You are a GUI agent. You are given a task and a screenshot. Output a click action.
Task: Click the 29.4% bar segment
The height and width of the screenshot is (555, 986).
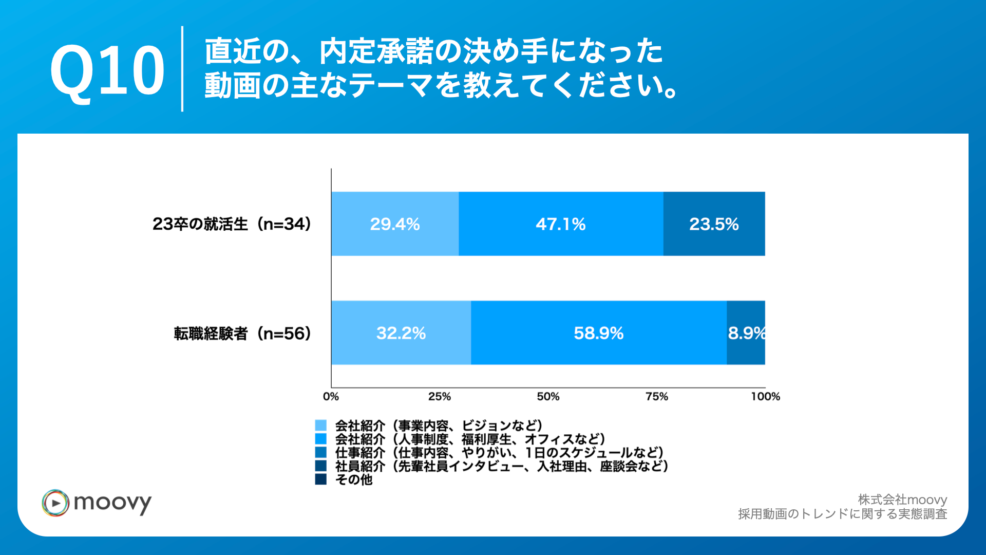[x=395, y=224]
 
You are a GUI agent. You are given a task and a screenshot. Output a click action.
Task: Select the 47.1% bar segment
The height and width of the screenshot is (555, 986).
[x=561, y=224]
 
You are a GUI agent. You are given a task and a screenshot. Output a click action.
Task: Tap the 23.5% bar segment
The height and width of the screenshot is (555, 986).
[x=714, y=224]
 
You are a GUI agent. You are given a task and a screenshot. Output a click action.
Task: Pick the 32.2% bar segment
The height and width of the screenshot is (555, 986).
[x=401, y=333]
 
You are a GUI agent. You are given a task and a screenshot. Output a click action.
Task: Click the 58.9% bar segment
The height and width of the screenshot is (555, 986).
[x=599, y=333]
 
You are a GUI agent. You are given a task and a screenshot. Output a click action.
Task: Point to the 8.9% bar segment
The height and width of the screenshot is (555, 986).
[x=746, y=333]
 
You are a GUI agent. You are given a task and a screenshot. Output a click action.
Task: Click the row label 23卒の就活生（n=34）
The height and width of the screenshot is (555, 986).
[x=232, y=224]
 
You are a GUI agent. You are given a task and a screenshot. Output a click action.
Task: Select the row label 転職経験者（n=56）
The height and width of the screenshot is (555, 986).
[x=242, y=334]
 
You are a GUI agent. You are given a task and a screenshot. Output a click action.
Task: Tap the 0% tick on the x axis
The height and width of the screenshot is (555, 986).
[x=331, y=396]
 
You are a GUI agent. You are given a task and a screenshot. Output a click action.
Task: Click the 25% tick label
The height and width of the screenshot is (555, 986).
[x=440, y=396]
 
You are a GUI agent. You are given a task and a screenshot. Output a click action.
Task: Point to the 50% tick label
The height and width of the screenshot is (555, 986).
[x=548, y=396]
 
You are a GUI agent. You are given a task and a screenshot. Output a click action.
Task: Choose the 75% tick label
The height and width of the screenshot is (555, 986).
[x=657, y=396]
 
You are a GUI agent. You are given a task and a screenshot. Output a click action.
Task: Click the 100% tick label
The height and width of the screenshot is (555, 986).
[x=765, y=396]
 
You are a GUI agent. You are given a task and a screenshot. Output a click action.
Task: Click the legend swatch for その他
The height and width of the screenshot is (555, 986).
[x=320, y=479]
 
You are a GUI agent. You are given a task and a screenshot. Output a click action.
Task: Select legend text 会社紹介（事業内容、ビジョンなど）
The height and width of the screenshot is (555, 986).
[x=439, y=425]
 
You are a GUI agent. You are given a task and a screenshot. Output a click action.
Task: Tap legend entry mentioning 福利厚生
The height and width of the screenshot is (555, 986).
[x=470, y=439]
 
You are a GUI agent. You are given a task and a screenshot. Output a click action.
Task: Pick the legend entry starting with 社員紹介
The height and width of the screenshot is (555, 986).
[x=502, y=466]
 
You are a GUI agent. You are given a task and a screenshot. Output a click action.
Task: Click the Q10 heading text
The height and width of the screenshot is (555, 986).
[x=107, y=69]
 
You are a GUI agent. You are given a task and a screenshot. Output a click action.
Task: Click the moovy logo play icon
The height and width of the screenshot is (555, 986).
[x=55, y=503]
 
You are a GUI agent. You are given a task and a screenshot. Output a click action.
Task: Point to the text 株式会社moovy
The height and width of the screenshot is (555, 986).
[x=902, y=499]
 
